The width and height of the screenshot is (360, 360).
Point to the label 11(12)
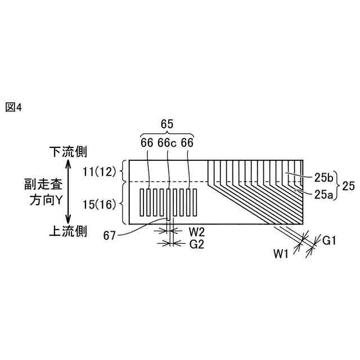click(100, 171)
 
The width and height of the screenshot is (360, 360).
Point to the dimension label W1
click(281, 254)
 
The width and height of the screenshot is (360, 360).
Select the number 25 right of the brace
click(348, 186)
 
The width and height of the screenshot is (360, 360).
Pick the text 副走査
click(39, 184)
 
